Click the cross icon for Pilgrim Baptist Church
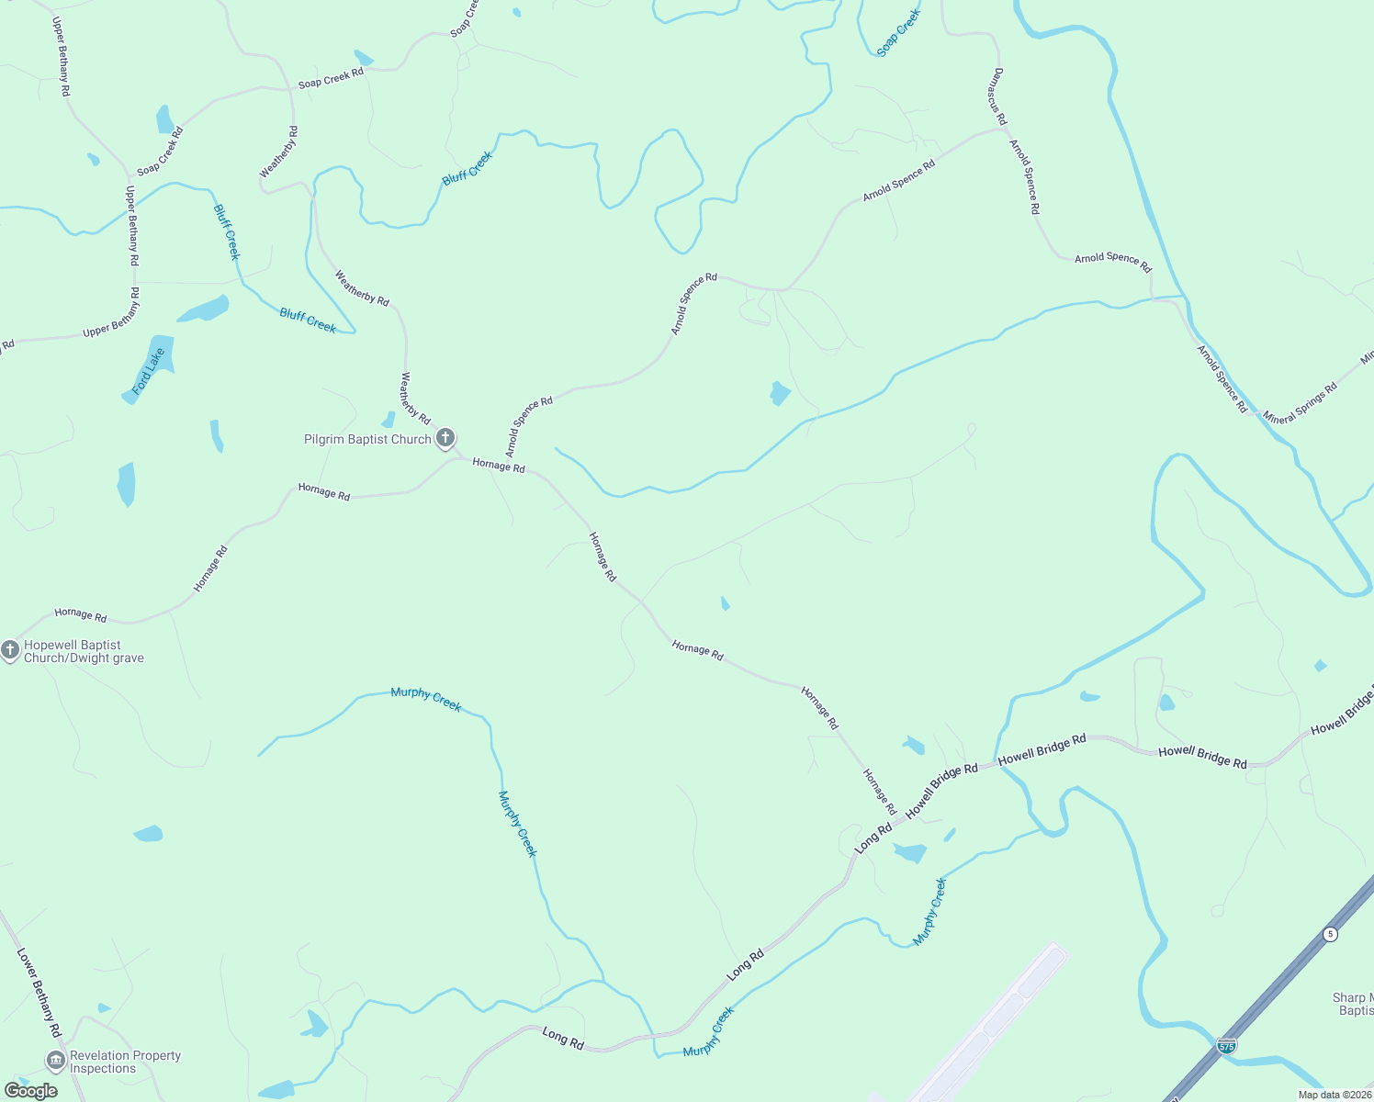(445, 437)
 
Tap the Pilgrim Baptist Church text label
(367, 440)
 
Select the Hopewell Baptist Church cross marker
(10, 650)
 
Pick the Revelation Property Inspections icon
(55, 1062)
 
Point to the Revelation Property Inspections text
(125, 1063)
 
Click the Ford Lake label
(148, 372)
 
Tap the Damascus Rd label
(997, 96)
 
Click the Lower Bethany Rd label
(39, 993)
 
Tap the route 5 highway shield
(1330, 934)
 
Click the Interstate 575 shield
(1225, 1045)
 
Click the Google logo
(30, 1091)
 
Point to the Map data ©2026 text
(1334, 1095)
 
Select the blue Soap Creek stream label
(898, 34)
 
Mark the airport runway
(992, 1019)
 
